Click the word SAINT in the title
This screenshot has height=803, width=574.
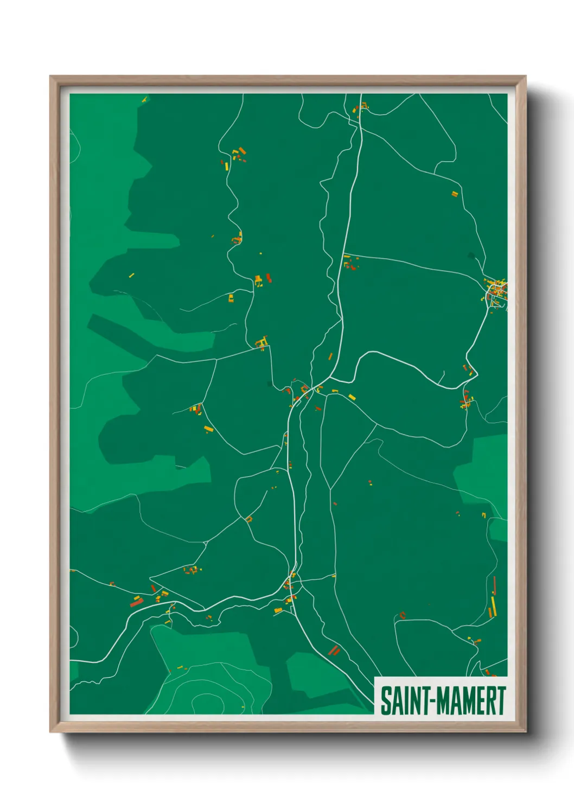405,701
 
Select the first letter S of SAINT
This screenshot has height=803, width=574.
386,701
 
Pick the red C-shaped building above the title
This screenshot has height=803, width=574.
402,615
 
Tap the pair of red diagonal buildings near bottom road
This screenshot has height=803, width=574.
334,649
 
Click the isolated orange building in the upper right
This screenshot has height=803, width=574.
455,194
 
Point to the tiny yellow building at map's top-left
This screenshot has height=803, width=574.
144,99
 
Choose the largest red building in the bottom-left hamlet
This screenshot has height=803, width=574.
136,602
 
